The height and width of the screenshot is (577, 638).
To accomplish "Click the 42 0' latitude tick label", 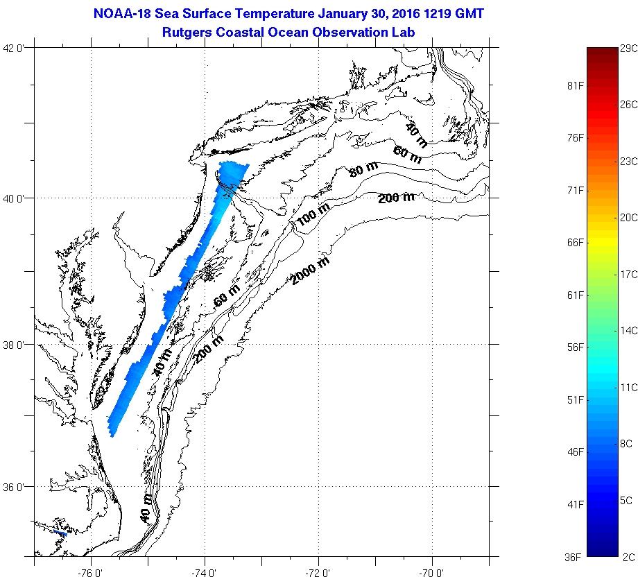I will (x=15, y=48).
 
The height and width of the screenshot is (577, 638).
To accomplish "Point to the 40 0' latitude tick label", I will (x=15, y=198).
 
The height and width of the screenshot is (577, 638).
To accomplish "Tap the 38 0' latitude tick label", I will (x=15, y=345).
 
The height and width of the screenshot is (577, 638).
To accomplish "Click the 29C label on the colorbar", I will (x=628, y=48).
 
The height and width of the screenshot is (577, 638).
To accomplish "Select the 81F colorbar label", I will (x=575, y=85).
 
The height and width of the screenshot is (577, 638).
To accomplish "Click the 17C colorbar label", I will (x=628, y=275).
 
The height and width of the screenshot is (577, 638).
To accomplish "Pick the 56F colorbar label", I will (x=575, y=347).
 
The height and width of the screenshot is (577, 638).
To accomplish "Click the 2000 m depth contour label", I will (x=310, y=271).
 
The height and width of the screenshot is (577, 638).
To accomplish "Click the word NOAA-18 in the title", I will (x=121, y=14).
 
